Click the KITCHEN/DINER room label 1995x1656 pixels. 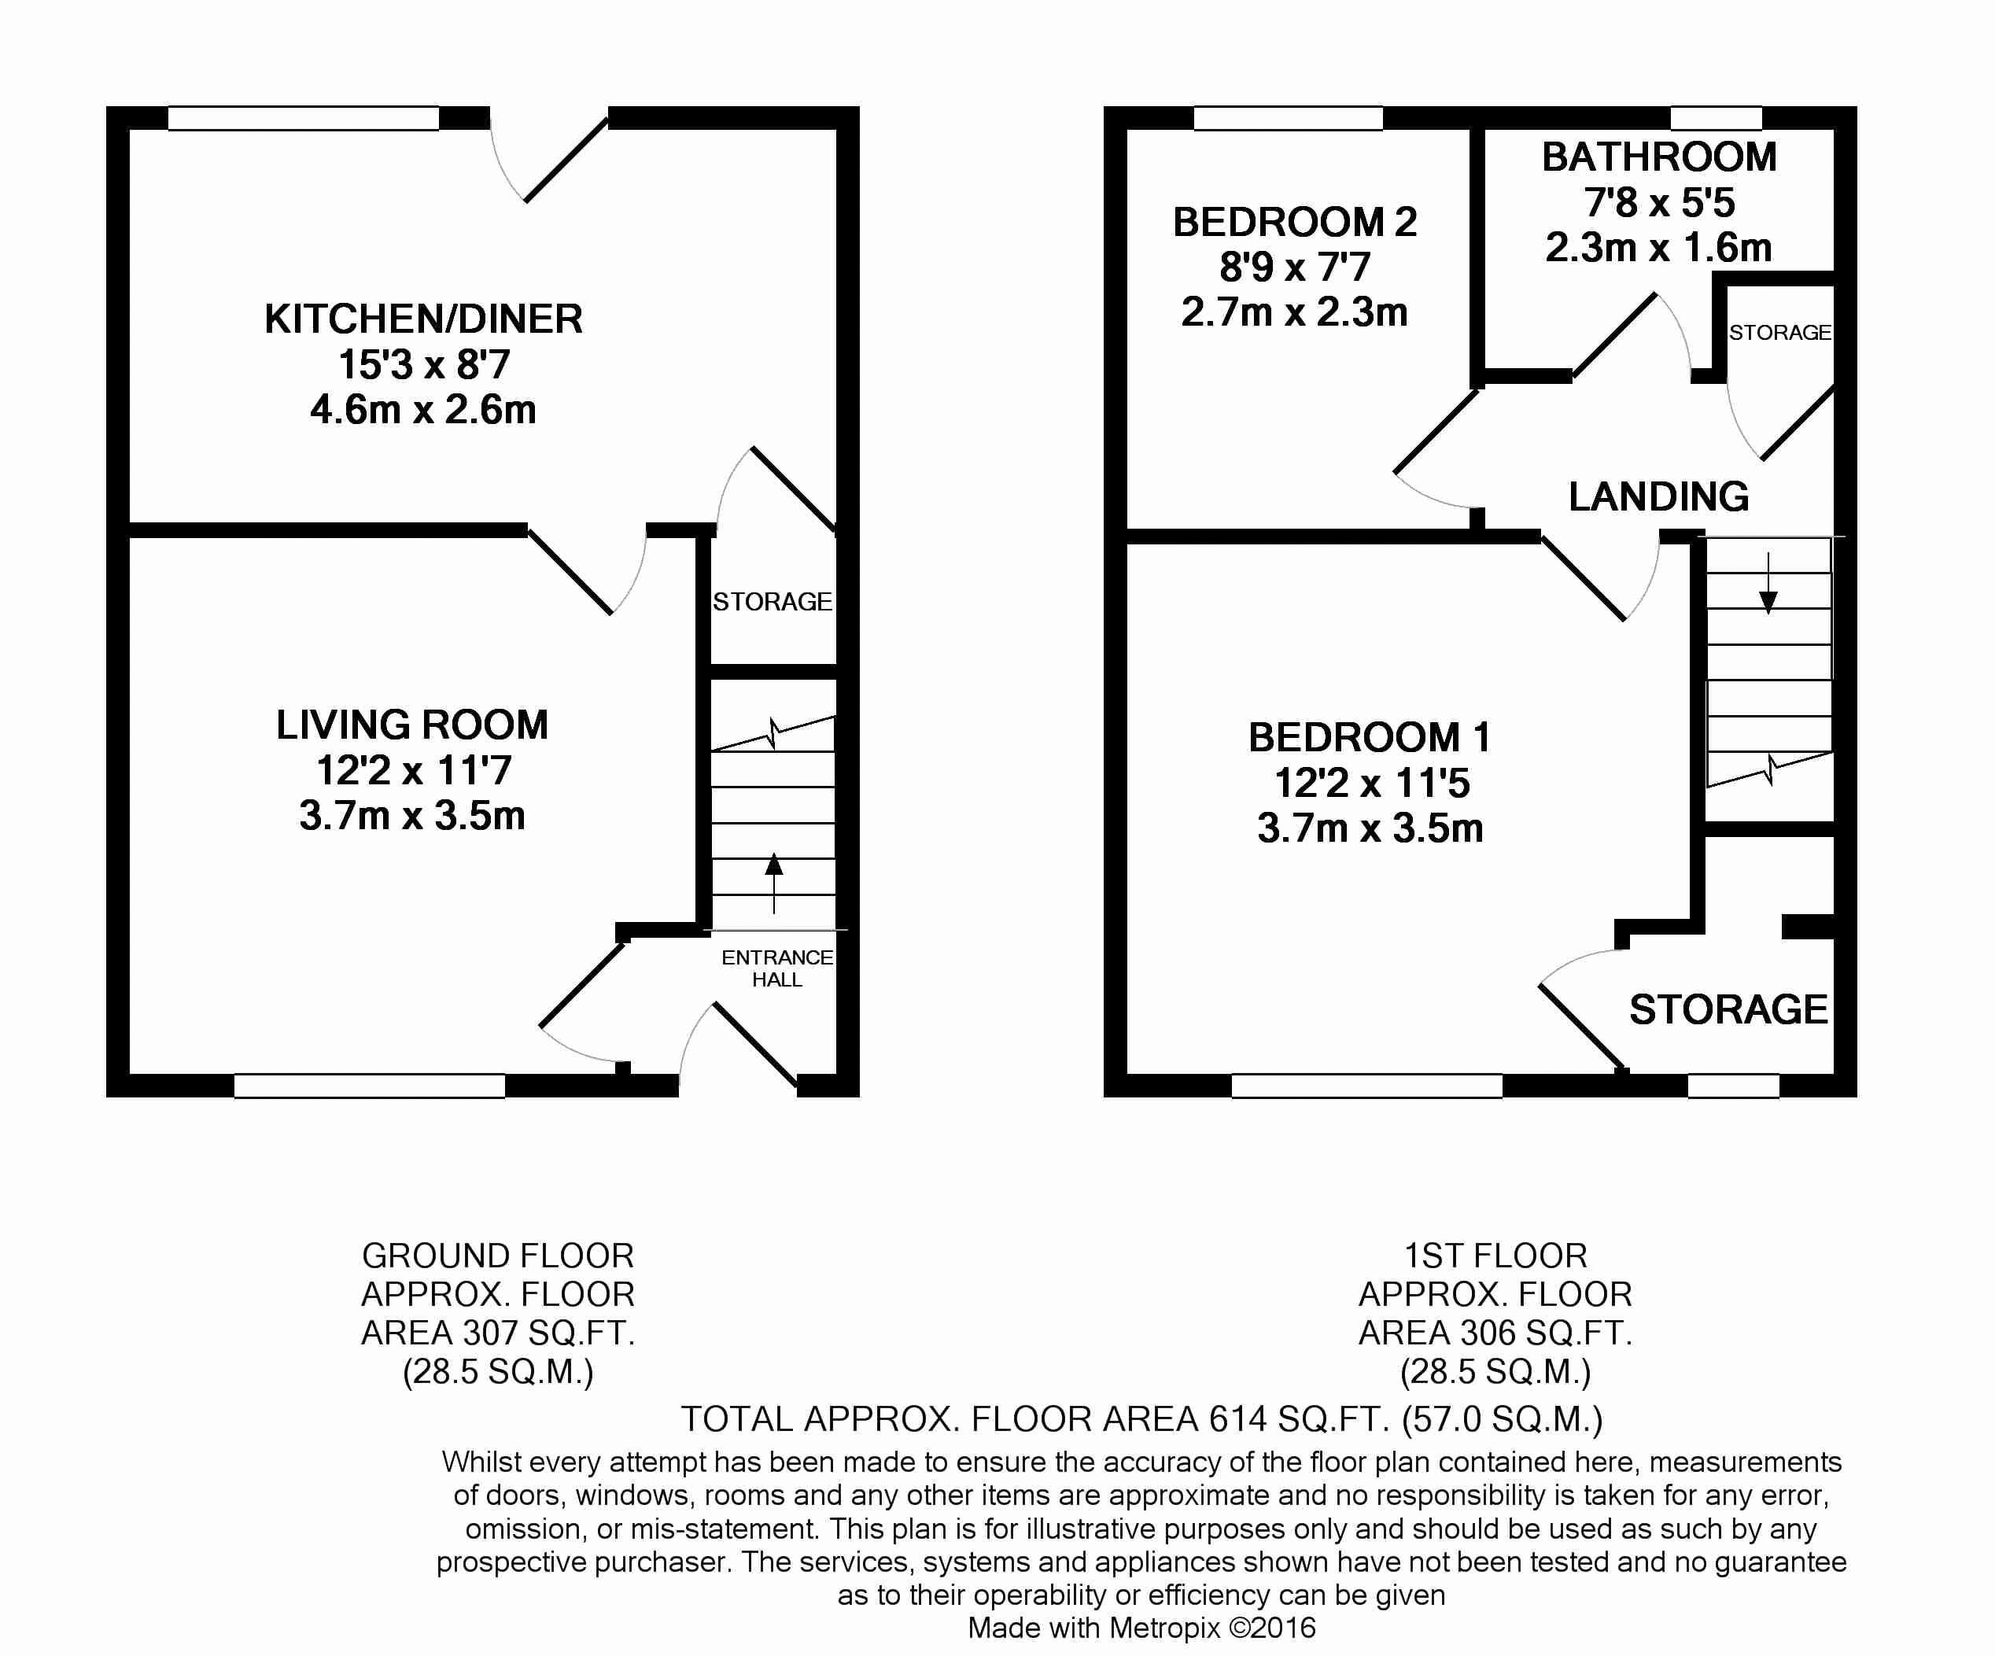click(424, 319)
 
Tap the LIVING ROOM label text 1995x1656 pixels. click(412, 725)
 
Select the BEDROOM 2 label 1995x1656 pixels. click(1295, 223)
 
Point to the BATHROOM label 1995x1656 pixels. click(1659, 157)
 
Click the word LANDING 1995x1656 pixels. click(1659, 496)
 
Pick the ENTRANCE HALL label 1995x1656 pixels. click(777, 968)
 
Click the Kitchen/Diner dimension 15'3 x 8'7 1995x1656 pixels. click(424, 365)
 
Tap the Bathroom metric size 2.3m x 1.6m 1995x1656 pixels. click(1659, 248)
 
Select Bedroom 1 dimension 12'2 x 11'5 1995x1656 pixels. click(1371, 783)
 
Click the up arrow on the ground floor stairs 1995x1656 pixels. click(774, 883)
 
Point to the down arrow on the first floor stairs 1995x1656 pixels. click(1768, 582)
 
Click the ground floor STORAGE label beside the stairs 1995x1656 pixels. click(773, 601)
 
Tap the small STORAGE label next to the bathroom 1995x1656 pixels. click(1779, 333)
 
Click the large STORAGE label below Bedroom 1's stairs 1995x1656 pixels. click(1729, 1009)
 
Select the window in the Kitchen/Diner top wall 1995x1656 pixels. click(304, 118)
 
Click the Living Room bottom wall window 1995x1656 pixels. click(370, 1086)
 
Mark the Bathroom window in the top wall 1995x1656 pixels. click(1717, 118)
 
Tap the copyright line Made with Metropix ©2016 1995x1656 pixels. click(1142, 1628)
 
